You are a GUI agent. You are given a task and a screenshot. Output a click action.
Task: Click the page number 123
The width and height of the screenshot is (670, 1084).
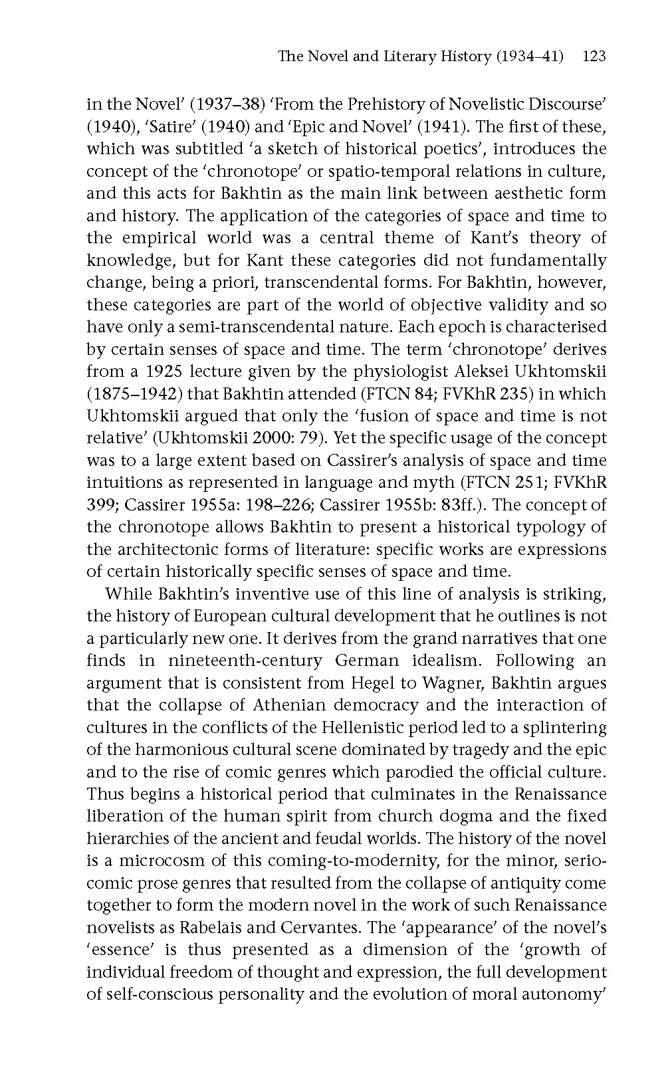click(594, 56)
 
